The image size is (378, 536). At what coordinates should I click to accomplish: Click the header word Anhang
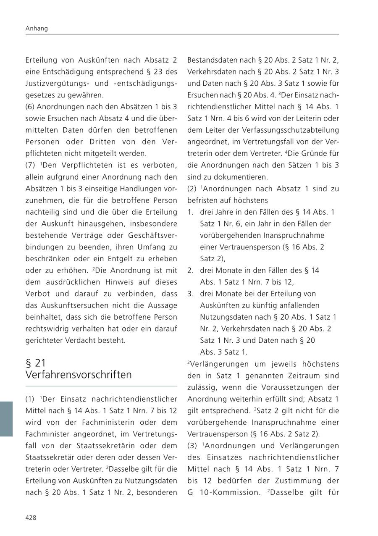tap(37, 29)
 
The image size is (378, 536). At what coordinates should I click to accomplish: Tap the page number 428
tap(31, 518)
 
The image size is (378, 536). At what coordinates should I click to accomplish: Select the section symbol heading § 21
tap(36, 363)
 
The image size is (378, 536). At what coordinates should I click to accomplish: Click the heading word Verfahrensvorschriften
tap(79, 374)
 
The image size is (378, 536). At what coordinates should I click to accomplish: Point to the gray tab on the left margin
tap(6, 419)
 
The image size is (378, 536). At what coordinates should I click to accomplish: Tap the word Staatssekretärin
tap(98, 445)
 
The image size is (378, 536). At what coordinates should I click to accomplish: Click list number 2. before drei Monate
tap(190, 271)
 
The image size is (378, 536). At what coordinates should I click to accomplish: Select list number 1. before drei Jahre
tap(190, 212)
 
